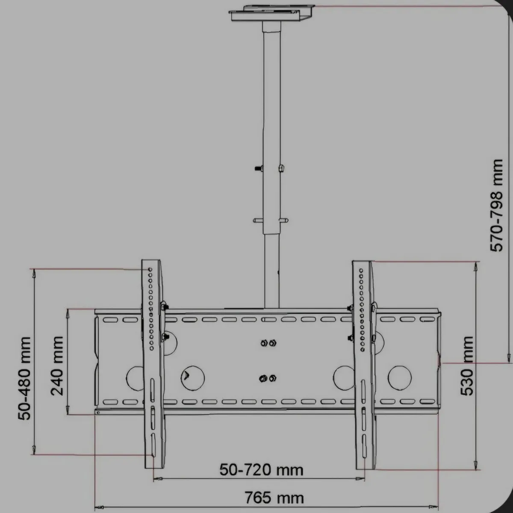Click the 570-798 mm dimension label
[497, 206]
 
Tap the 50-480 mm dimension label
[25, 378]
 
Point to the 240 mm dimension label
[57, 365]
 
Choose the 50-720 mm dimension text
[262, 470]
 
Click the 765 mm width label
[274, 498]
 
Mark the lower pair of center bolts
[268, 377]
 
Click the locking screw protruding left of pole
[257, 168]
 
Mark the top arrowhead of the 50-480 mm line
[34, 274]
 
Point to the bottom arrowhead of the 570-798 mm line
[508, 357]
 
